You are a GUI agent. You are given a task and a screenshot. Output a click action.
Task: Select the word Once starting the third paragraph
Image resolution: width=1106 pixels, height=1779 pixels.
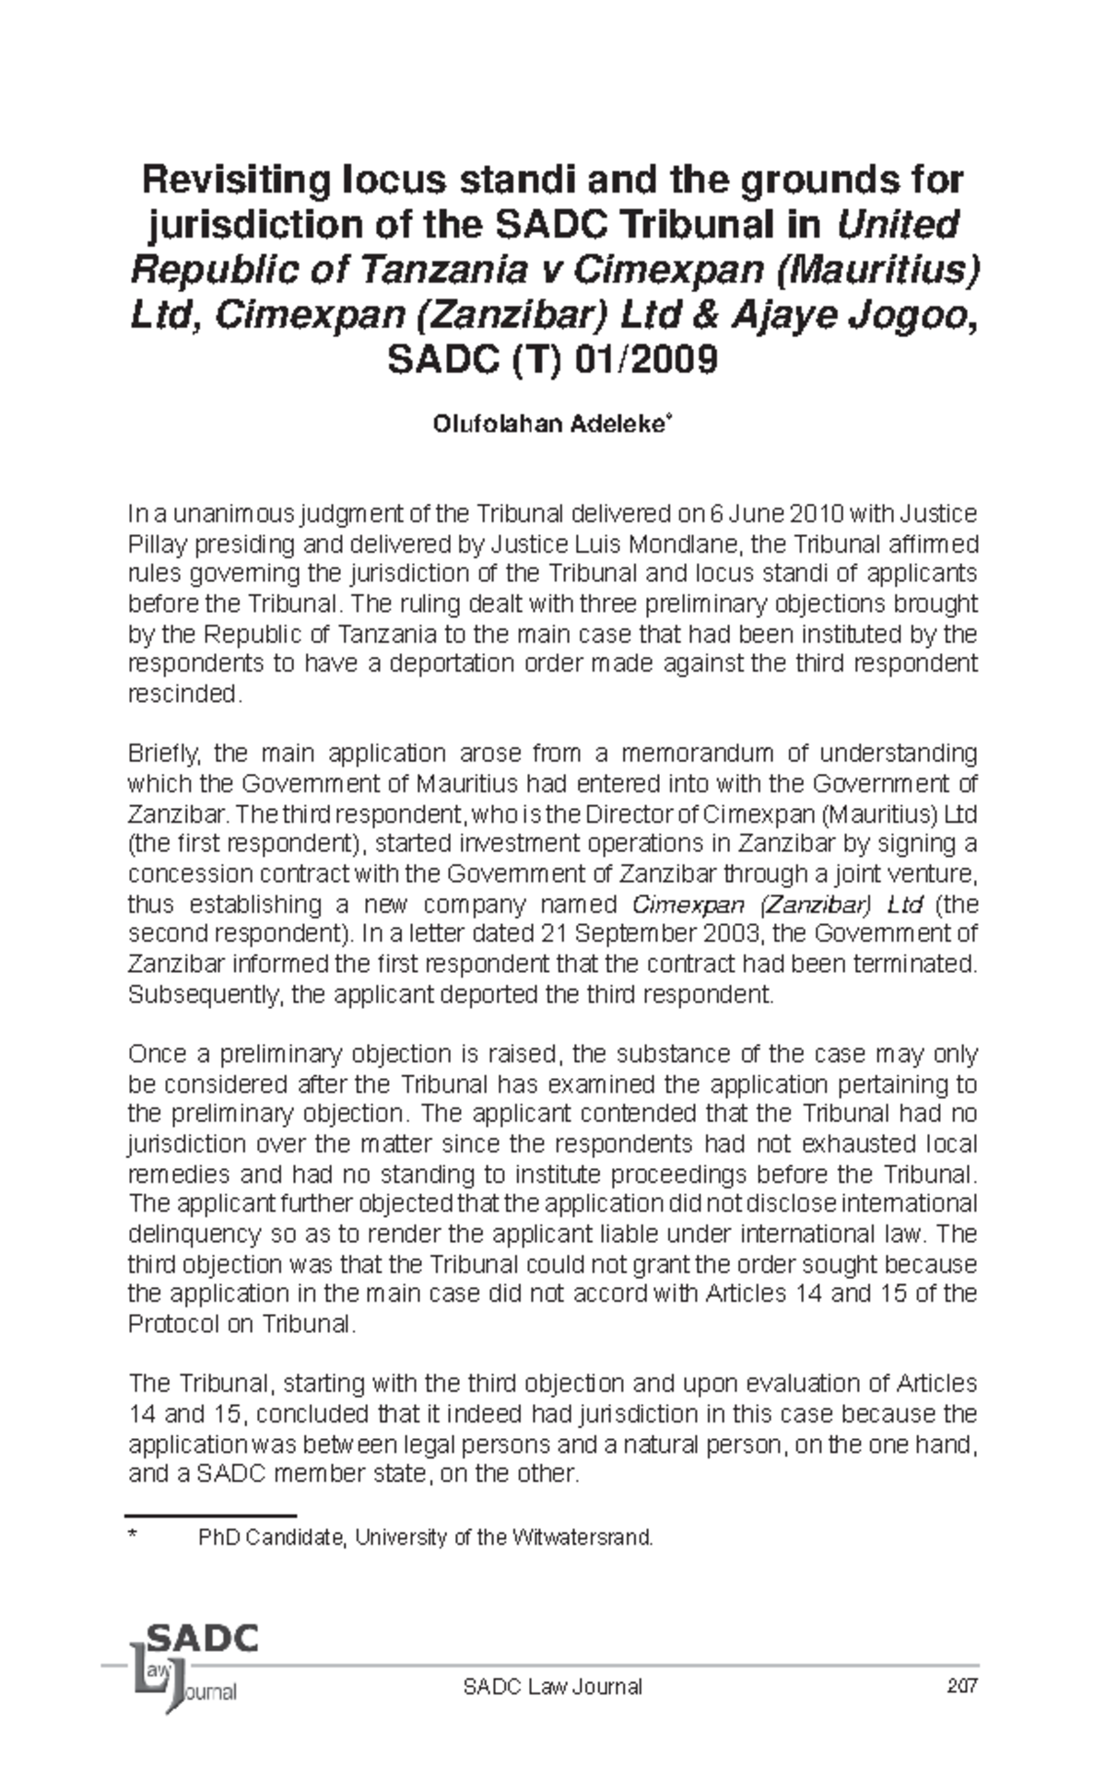[155, 1054]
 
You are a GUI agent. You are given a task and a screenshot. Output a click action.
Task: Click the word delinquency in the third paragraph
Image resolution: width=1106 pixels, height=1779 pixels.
[194, 1234]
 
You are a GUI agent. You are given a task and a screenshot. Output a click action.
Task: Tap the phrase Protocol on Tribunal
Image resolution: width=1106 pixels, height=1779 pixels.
[239, 1324]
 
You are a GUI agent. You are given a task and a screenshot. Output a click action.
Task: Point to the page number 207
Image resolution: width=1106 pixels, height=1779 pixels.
[962, 1687]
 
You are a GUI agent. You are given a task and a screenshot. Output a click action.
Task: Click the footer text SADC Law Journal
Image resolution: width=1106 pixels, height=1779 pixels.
[552, 1687]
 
